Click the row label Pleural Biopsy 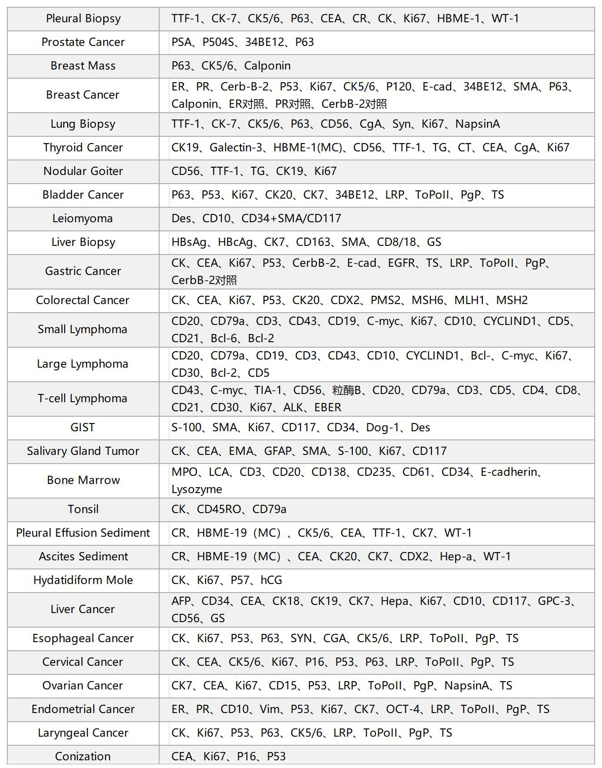(x=83, y=19)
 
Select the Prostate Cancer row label (x=83, y=42)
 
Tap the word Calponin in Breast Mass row (x=267, y=66)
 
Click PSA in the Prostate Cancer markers (x=181, y=42)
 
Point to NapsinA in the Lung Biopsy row (x=477, y=124)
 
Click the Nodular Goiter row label (x=83, y=171)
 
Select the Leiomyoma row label (x=82, y=219)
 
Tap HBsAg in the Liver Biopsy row (x=189, y=242)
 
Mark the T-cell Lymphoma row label (x=82, y=399)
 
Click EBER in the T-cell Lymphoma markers (x=328, y=408)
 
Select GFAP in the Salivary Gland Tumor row (x=278, y=451)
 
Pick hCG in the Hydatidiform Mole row (x=271, y=580)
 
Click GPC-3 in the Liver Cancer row (x=554, y=601)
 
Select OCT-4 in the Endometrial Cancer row (x=403, y=709)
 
